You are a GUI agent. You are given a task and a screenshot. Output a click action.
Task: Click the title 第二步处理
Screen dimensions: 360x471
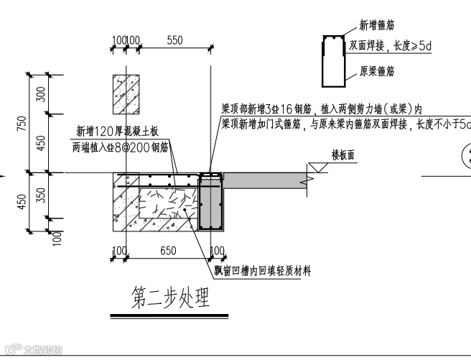coord(171,297)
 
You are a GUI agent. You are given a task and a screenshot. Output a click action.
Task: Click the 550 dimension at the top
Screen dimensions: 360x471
coord(175,41)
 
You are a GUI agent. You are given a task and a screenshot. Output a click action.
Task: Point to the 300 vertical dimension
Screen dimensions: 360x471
coord(41,93)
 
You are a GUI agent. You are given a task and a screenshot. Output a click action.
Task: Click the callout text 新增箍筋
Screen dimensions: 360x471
coord(377,25)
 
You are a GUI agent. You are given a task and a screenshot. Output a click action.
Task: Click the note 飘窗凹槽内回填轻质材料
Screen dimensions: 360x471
coord(266,271)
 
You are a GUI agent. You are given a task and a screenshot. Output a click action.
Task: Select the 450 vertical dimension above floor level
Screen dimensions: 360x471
coord(41,142)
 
